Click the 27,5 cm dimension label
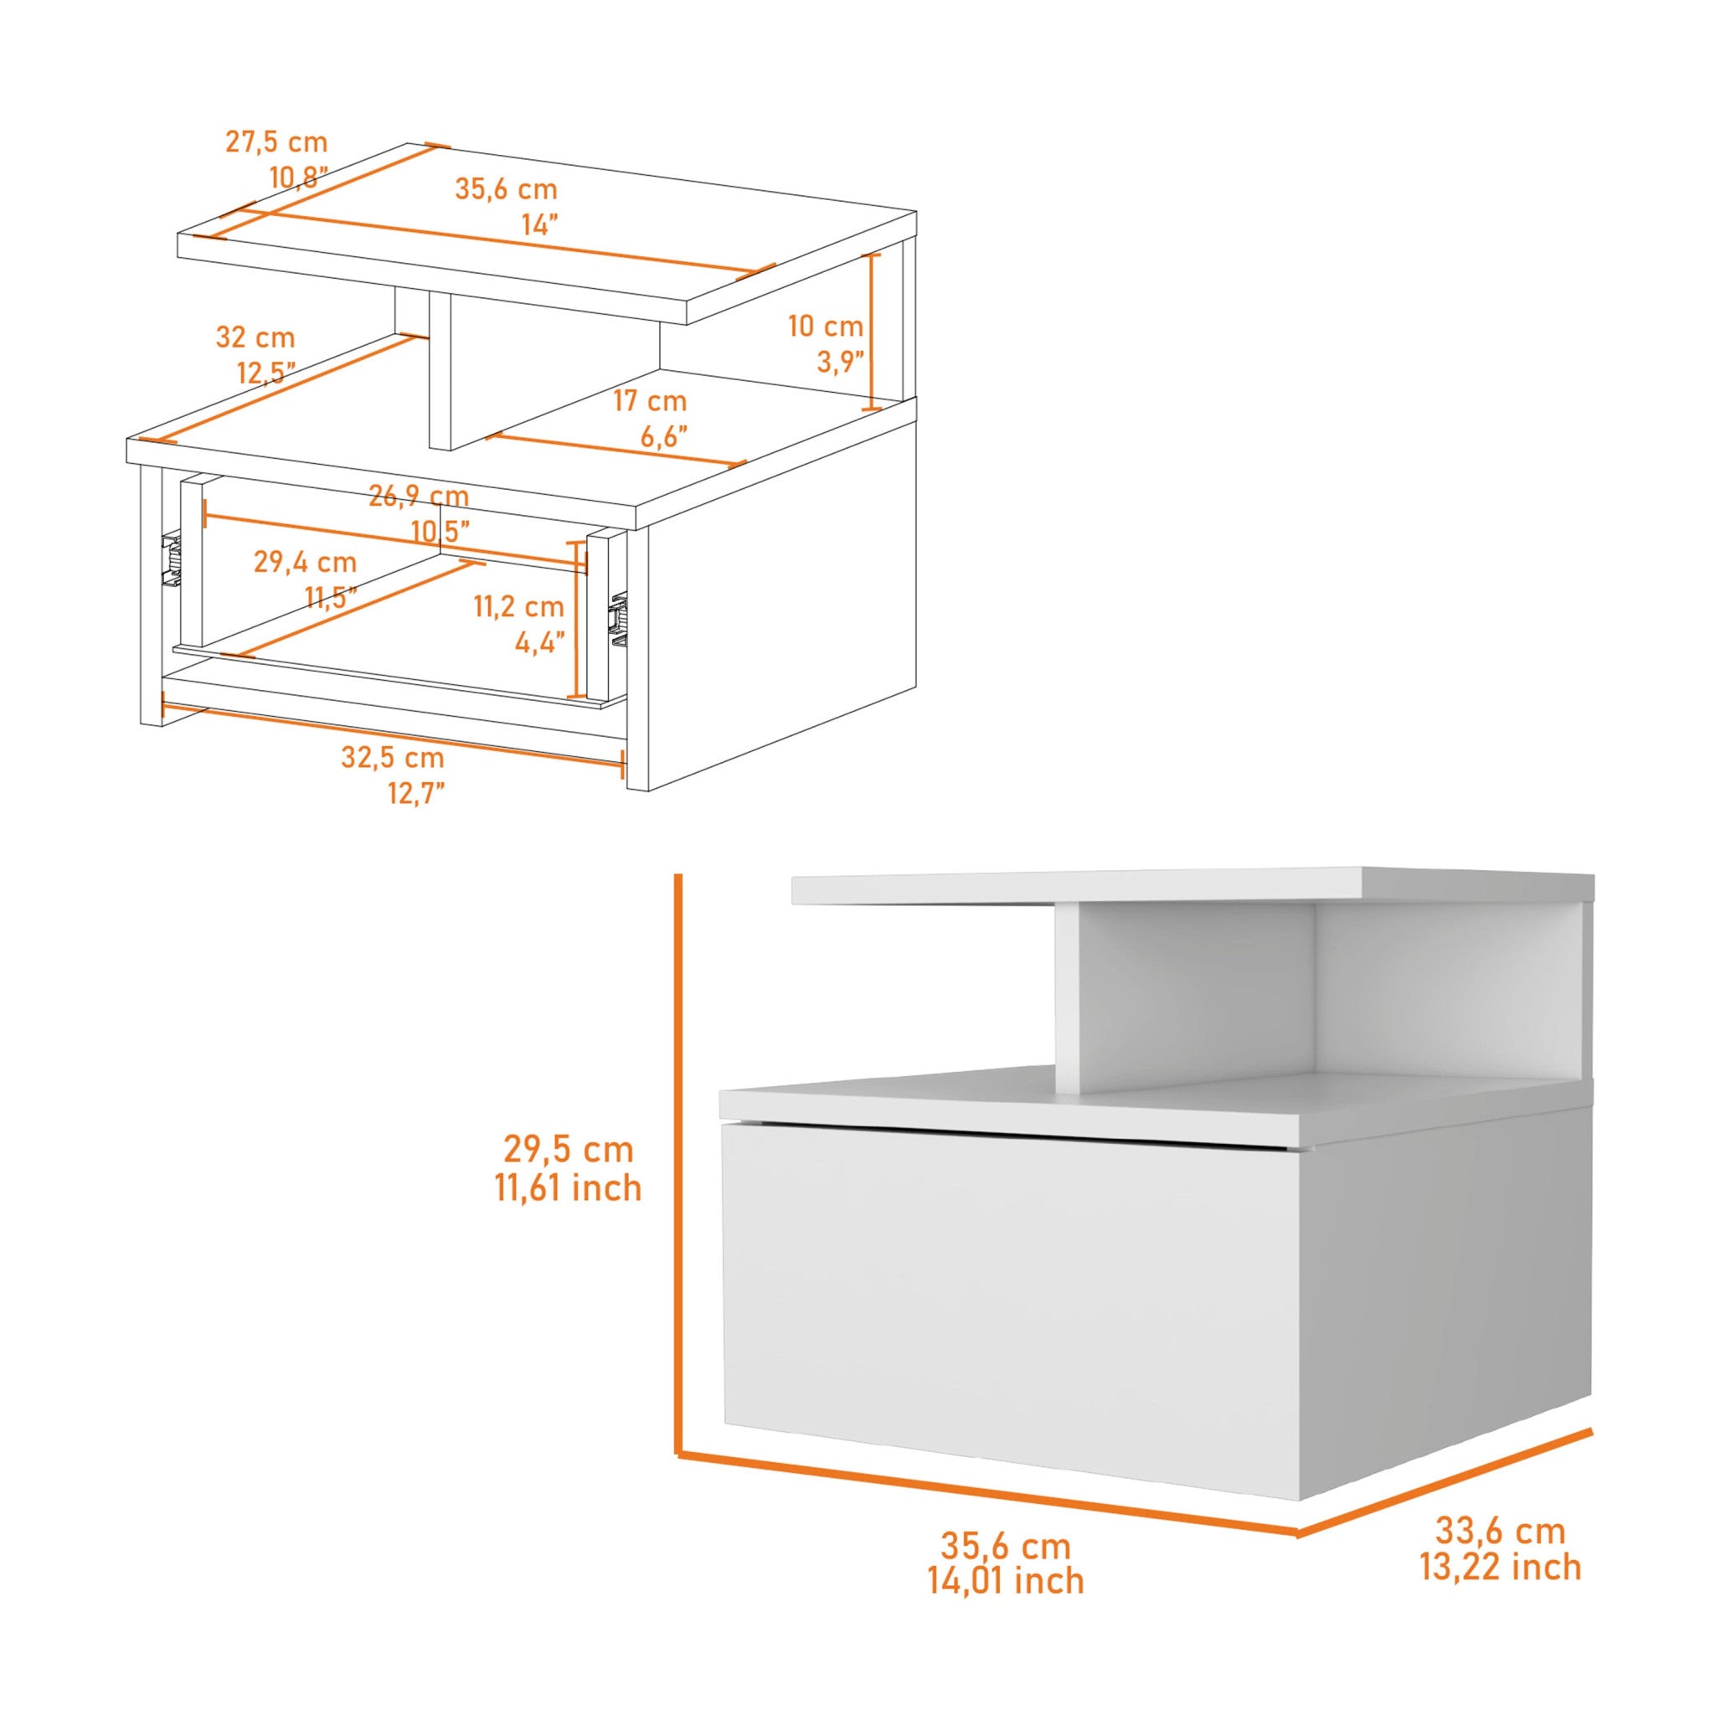pos(276,142)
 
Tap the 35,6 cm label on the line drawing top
pos(506,189)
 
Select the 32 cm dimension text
pos(255,337)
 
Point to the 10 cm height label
pos(826,327)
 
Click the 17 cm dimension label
pos(651,401)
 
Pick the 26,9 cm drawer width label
pos(419,497)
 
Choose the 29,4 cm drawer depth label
pos(306,562)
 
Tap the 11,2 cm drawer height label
pos(518,607)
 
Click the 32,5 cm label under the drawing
pos(393,758)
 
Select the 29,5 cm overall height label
pos(568,1150)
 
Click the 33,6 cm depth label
pos(1500,1532)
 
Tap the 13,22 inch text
pos(1500,1568)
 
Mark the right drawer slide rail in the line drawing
pos(616,618)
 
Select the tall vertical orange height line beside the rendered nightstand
pos(678,1154)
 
